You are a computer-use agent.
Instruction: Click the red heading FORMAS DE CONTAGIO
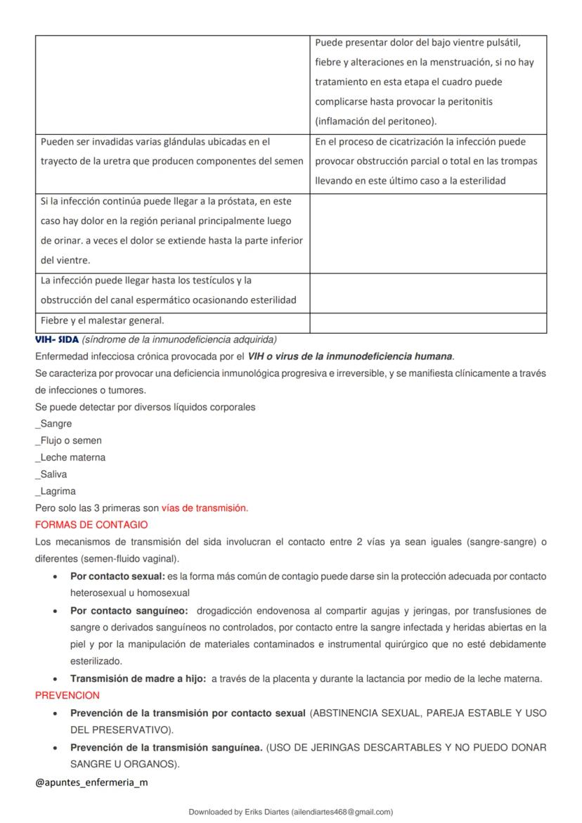click(91, 525)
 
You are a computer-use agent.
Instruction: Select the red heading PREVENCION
click(67, 695)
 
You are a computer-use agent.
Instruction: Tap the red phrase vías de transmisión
click(205, 508)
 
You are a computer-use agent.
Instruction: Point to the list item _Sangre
click(53, 424)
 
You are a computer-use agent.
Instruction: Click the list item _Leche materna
click(70, 458)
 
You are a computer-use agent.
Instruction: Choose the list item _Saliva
click(51, 474)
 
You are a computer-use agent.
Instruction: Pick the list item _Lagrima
click(56, 491)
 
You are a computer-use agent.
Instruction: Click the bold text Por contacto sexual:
click(117, 576)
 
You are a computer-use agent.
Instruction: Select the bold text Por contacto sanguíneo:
click(129, 610)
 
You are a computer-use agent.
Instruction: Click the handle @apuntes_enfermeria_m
click(91, 782)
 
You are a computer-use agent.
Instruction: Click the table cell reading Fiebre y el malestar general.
click(102, 320)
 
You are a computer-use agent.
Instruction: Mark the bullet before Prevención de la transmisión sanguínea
click(56, 747)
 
